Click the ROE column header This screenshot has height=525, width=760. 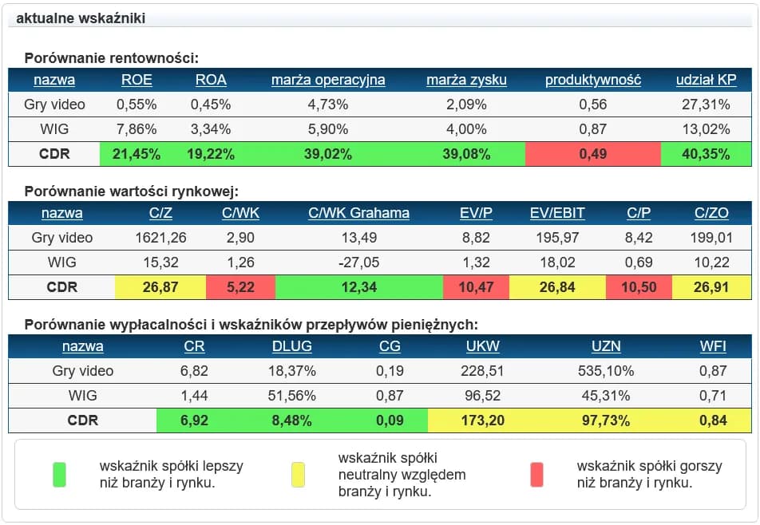[x=137, y=80]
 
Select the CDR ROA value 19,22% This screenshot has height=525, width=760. [x=211, y=154]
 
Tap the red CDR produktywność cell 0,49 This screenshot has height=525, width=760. [x=593, y=154]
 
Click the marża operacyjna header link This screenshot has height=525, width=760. [x=328, y=80]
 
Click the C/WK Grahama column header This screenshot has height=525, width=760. [x=358, y=213]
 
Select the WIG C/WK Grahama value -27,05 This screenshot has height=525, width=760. [x=358, y=262]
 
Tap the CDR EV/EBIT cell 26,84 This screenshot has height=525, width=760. [x=557, y=287]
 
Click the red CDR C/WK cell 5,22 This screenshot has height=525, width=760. [x=240, y=287]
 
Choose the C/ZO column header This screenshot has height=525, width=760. [x=711, y=213]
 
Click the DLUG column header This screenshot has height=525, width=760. [x=291, y=346]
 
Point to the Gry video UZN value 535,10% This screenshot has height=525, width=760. [x=606, y=371]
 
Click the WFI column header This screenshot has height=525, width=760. [x=713, y=346]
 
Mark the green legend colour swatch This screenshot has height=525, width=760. [x=59, y=474]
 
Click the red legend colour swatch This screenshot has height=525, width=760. [x=536, y=474]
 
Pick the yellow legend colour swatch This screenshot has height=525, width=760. [x=298, y=474]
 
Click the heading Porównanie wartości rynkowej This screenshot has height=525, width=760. [x=132, y=191]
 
